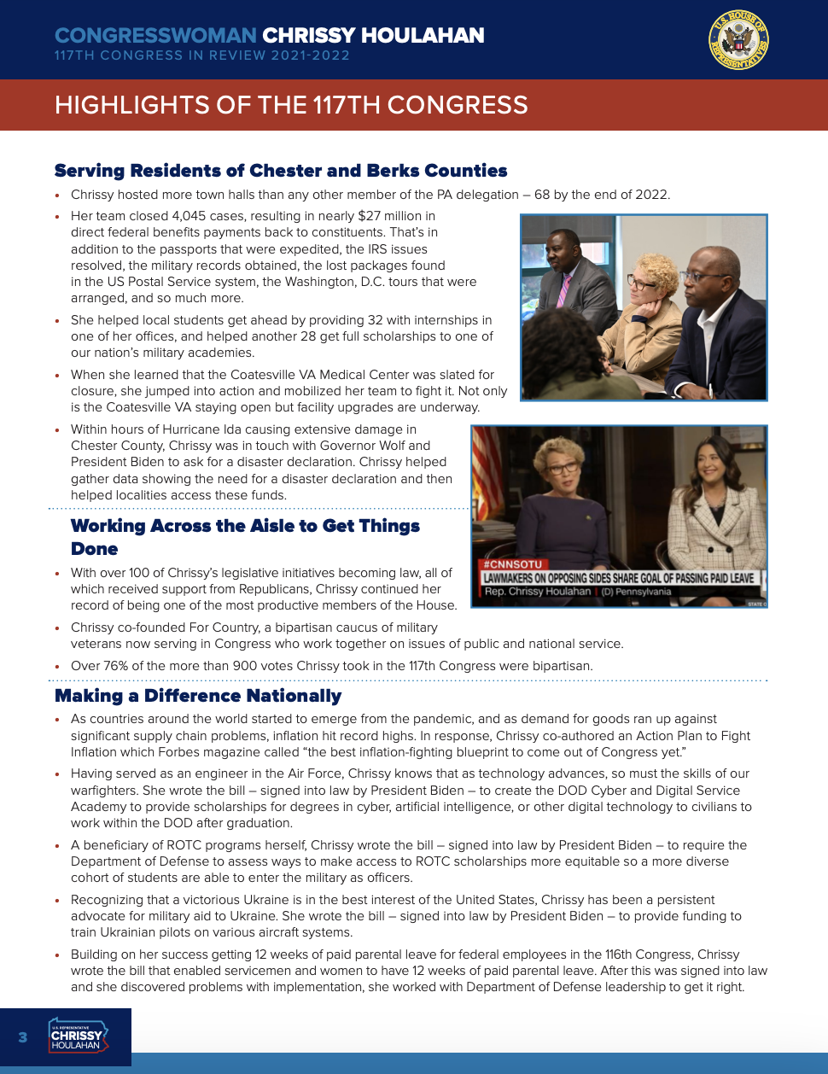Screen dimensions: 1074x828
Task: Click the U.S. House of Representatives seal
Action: [x=738, y=40]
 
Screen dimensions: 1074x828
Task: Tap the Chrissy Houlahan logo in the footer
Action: [x=77, y=1035]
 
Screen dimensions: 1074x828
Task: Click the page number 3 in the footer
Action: [x=23, y=1037]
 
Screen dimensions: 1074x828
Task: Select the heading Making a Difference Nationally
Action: [x=198, y=696]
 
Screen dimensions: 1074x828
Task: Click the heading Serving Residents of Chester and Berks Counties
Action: [x=281, y=171]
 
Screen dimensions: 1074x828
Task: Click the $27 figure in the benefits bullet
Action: [x=369, y=216]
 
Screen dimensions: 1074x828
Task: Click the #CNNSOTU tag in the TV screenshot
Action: [x=512, y=564]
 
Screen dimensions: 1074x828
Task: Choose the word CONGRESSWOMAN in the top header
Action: [x=155, y=35]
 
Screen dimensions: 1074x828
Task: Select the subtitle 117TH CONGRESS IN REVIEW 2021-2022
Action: [x=202, y=55]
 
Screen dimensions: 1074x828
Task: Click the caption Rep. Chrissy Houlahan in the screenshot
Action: [x=538, y=592]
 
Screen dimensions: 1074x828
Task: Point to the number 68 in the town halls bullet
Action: [x=542, y=195]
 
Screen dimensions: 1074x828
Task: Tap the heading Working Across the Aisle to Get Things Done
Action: [x=245, y=537]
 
